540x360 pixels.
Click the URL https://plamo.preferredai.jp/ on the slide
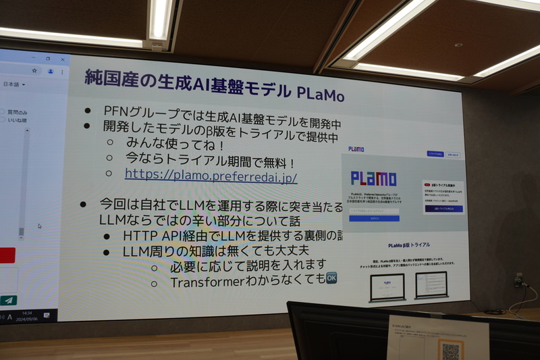pyautogui.click(x=211, y=175)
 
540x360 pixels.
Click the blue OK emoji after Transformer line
pyautogui.click(x=331, y=278)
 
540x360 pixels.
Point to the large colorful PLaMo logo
pyautogui.click(x=373, y=178)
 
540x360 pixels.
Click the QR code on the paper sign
pyautogui.click(x=450, y=350)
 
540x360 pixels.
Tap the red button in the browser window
pyautogui.click(x=7, y=255)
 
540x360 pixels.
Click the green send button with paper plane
pyautogui.click(x=8, y=300)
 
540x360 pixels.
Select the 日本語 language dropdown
pyautogui.click(x=13, y=84)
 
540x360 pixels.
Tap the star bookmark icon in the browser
pyautogui.click(x=34, y=70)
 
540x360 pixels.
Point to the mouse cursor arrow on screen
pyautogui.click(x=40, y=226)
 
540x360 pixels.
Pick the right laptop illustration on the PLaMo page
pyautogui.click(x=431, y=284)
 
